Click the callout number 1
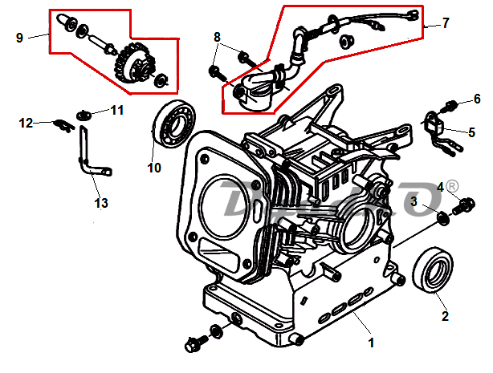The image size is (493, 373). point(371,343)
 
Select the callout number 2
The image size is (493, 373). point(445,316)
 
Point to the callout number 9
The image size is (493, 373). point(20,37)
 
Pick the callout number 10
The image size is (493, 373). point(154,168)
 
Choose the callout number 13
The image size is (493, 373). point(101,204)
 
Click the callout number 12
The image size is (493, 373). point(26,123)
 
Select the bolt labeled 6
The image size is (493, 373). point(450,104)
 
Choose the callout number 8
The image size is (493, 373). point(217,37)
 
